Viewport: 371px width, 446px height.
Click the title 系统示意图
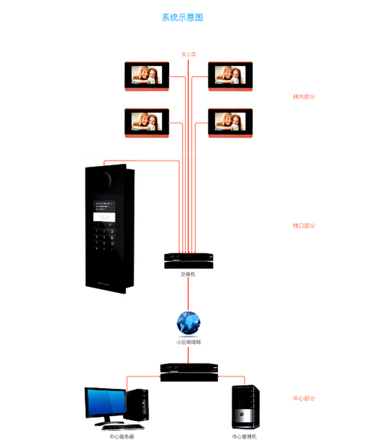pyautogui.click(x=183, y=18)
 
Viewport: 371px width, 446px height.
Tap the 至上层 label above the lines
pyautogui.click(x=188, y=54)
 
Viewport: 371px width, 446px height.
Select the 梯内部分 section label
pyautogui.click(x=304, y=97)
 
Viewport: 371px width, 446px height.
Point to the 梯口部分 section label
pyautogui.click(x=304, y=226)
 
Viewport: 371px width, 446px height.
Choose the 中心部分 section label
pyautogui.click(x=304, y=398)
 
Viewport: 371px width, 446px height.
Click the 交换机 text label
pyautogui.click(x=188, y=274)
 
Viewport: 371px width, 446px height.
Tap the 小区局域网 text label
pyautogui.click(x=188, y=342)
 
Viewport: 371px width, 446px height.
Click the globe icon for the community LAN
pyautogui.click(x=188, y=323)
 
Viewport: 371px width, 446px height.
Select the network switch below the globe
pyautogui.click(x=189, y=372)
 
